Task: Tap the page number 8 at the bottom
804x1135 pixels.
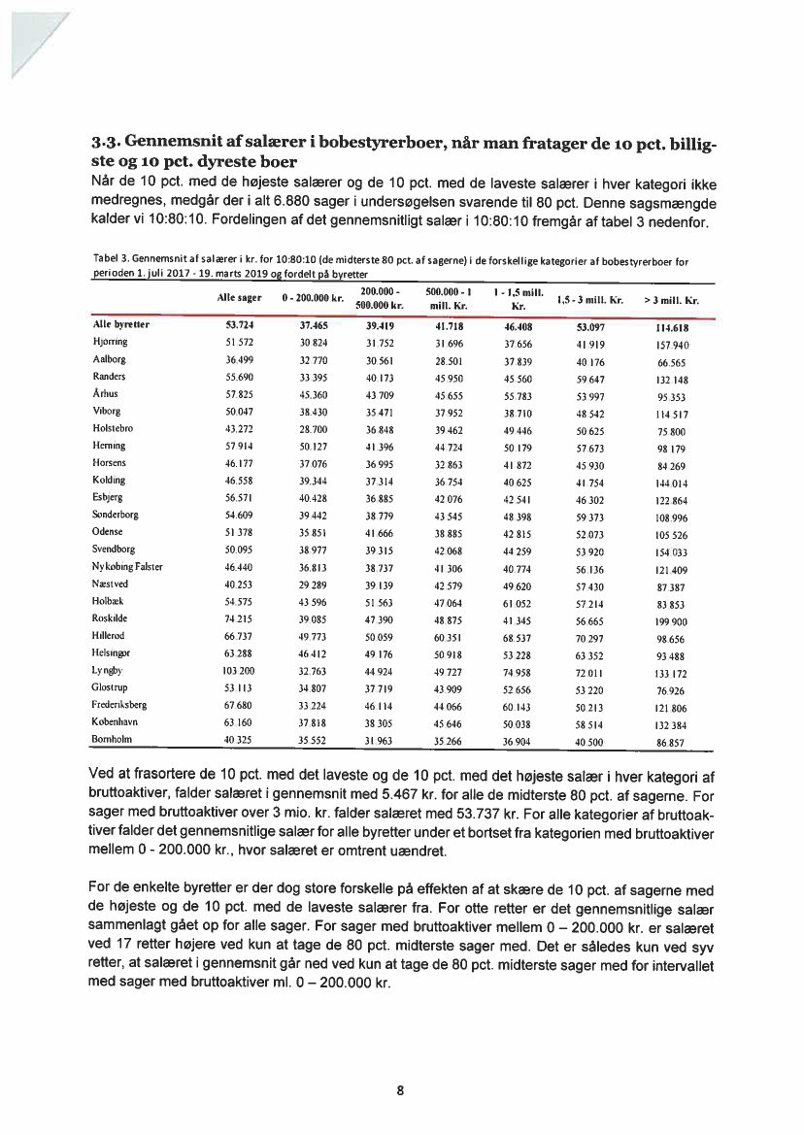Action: (x=401, y=1089)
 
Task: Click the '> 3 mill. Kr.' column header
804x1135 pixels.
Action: (x=671, y=302)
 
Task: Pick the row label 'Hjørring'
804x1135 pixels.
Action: (x=110, y=343)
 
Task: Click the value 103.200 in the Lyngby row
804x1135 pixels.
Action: (x=238, y=671)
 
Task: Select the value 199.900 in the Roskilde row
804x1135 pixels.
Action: (x=671, y=619)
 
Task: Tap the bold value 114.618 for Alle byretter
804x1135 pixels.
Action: (x=671, y=327)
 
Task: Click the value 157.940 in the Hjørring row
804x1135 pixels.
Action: (x=671, y=344)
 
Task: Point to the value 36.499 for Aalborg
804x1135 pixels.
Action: (x=238, y=360)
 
